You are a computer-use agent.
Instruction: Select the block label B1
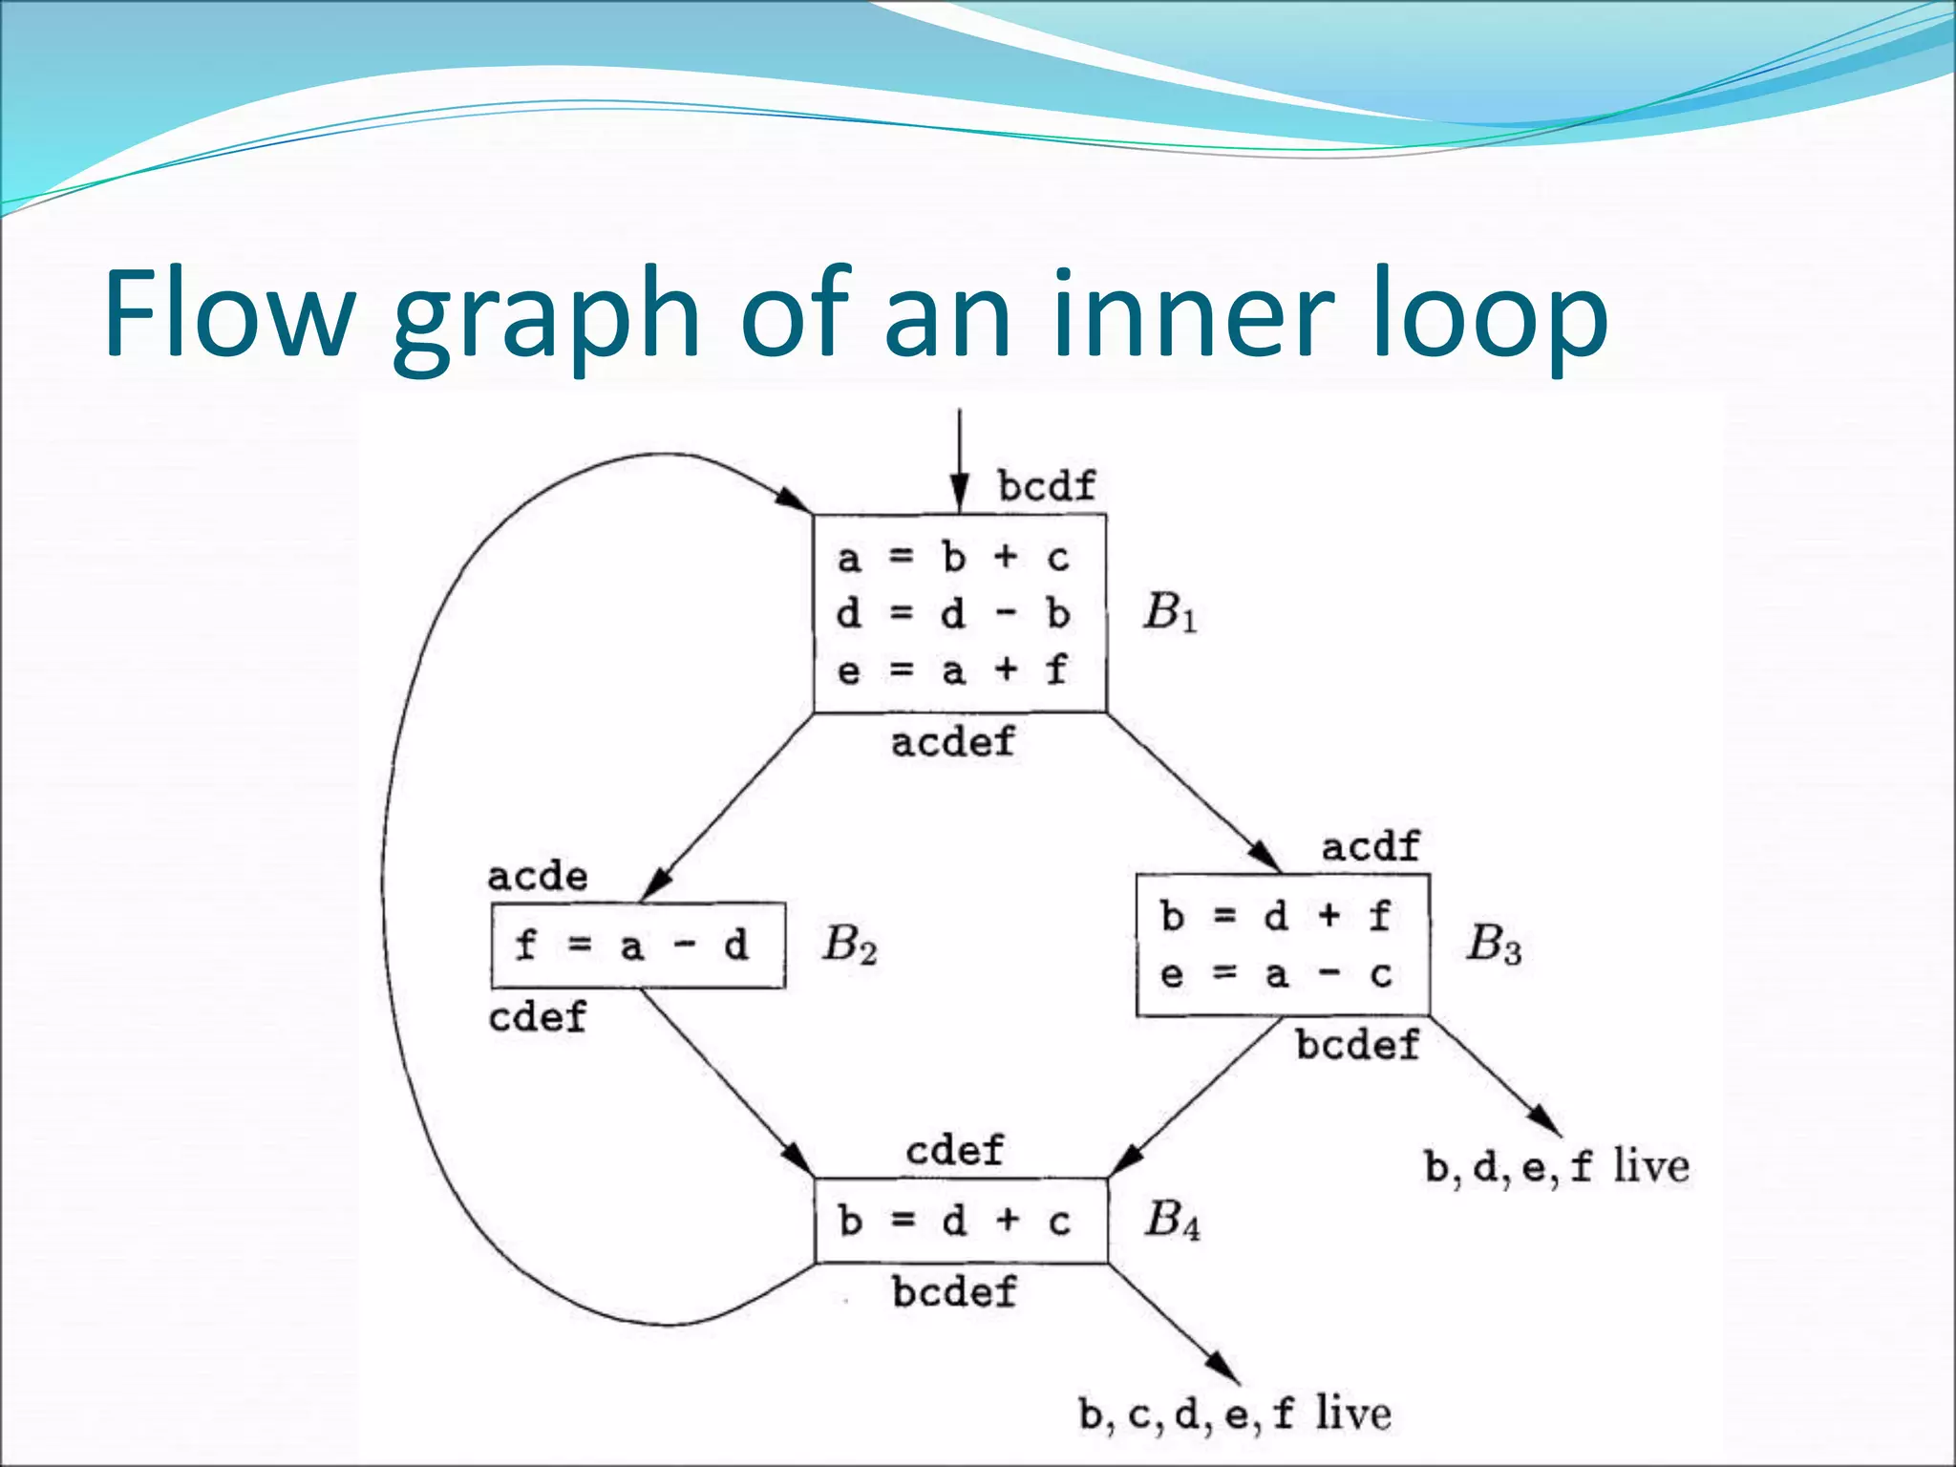click(1169, 612)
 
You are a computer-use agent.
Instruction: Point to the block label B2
click(849, 946)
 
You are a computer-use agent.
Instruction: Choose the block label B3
click(1494, 944)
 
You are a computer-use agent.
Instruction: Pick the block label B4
click(1172, 1220)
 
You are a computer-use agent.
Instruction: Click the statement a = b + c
click(953, 557)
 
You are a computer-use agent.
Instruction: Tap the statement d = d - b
click(953, 613)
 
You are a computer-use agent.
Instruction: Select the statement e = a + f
click(953, 670)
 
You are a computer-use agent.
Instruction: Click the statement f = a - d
click(631, 946)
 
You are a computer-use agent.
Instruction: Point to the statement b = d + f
click(1276, 916)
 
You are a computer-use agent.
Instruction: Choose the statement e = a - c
click(1276, 975)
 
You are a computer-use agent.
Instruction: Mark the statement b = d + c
click(954, 1222)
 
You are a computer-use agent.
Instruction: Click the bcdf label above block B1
click(1047, 486)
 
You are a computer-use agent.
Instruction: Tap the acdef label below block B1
click(952, 742)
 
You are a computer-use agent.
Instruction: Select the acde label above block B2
click(538, 877)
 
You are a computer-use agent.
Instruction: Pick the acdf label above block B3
click(1371, 846)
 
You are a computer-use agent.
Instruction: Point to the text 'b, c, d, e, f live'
click(1235, 1414)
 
